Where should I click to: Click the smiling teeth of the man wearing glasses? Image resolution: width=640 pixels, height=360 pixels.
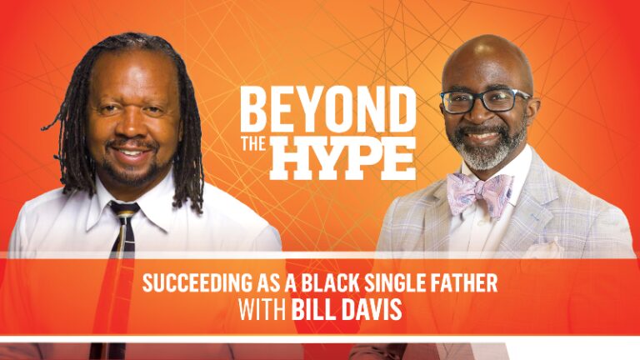(486, 134)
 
